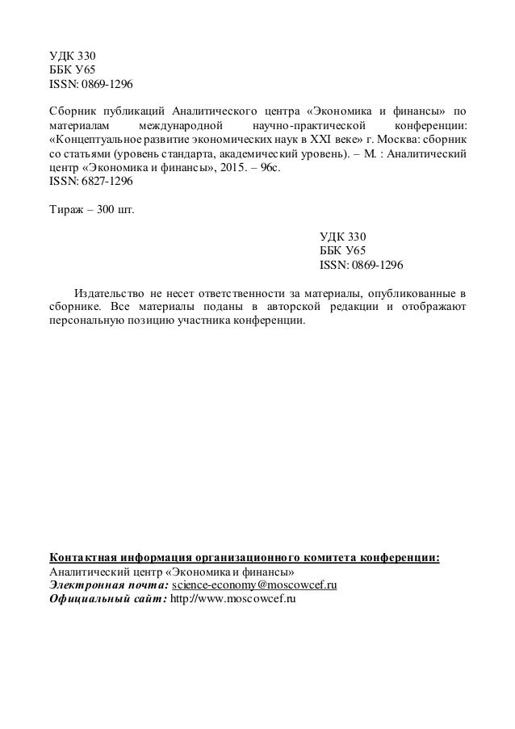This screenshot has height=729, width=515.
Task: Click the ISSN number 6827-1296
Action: [103, 182]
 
